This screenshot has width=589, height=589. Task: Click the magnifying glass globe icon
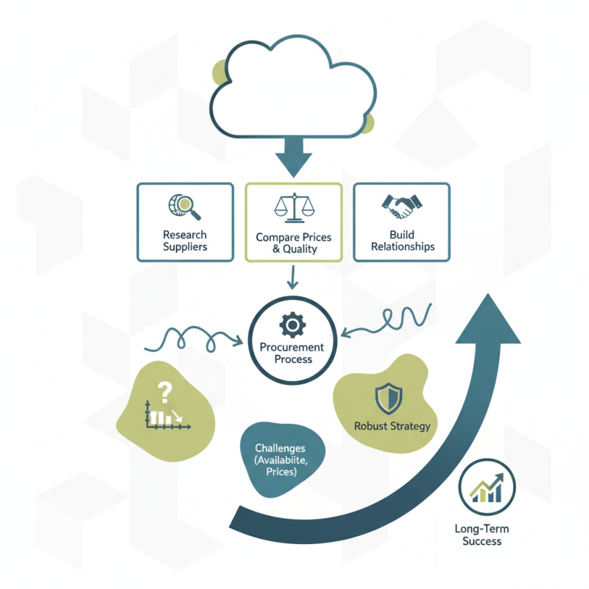click(184, 207)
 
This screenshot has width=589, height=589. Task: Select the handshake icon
click(401, 207)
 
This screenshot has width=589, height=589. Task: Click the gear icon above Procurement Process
click(292, 325)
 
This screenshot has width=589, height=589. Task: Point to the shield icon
click(389, 399)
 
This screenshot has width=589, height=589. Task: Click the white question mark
click(164, 392)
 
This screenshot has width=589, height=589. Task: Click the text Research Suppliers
click(185, 241)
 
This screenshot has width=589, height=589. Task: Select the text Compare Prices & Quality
click(294, 243)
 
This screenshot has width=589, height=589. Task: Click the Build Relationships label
click(403, 241)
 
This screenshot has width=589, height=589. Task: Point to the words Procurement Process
click(292, 353)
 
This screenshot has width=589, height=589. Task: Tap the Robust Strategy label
click(392, 426)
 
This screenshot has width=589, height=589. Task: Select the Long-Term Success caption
click(482, 535)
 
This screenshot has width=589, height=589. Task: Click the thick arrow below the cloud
click(294, 157)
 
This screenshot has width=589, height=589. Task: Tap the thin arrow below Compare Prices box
click(292, 278)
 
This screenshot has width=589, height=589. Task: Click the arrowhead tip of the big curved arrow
click(488, 294)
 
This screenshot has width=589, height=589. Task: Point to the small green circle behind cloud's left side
click(219, 72)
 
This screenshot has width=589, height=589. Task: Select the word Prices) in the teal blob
click(281, 472)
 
